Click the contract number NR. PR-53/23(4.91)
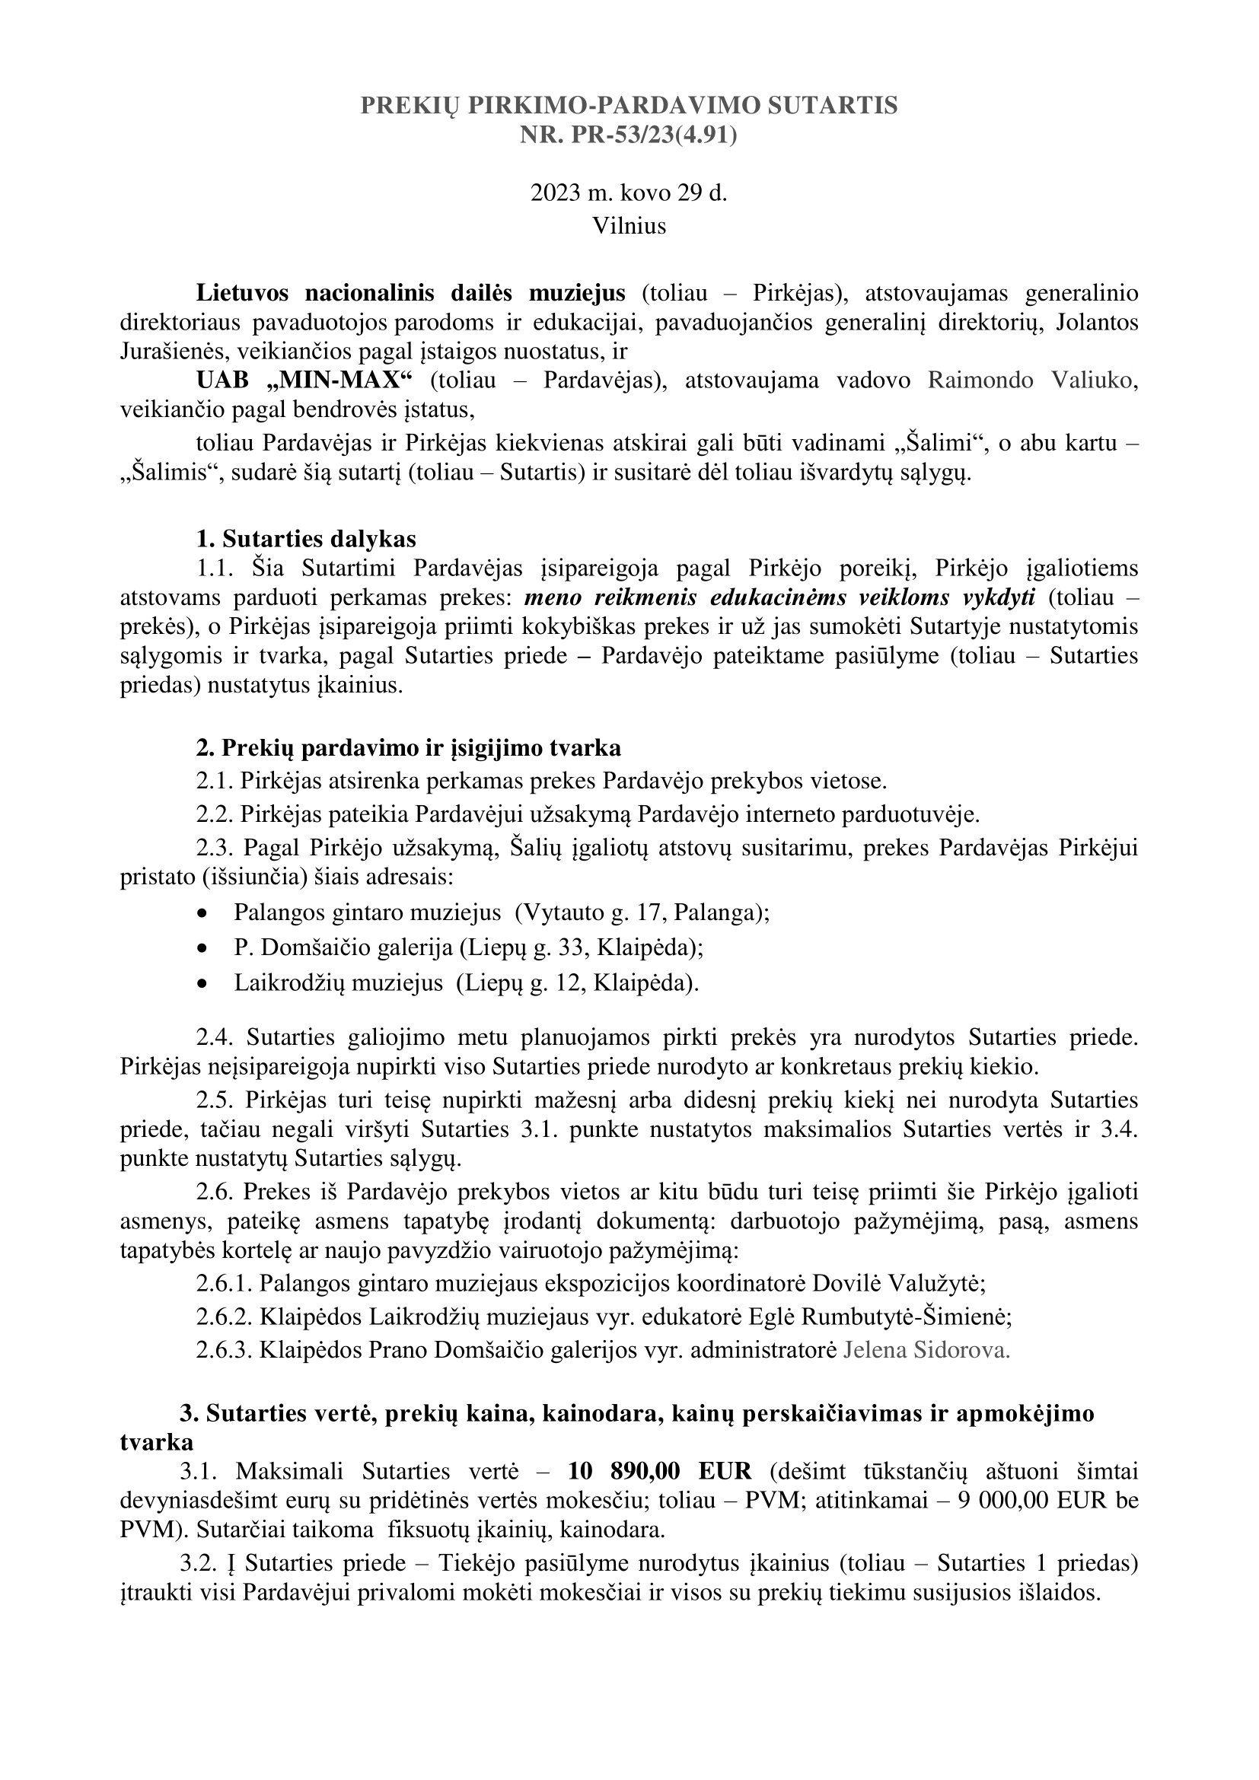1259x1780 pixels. coord(629,135)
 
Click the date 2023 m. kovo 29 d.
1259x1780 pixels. coord(629,193)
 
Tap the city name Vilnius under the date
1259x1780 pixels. coord(629,225)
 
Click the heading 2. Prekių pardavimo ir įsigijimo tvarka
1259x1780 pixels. coord(408,748)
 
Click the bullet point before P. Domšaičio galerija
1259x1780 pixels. coord(203,949)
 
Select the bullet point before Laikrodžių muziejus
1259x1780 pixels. coord(203,984)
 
